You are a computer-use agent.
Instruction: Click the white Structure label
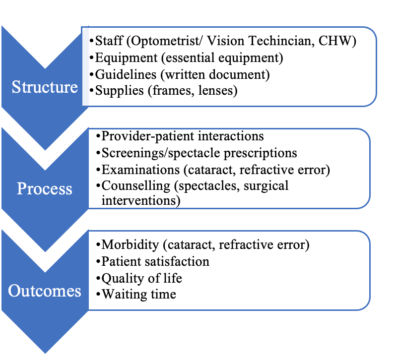tap(45, 87)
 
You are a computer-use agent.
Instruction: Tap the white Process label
tap(45, 189)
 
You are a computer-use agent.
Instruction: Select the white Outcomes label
tap(45, 291)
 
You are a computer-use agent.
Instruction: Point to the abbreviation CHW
tap(334, 41)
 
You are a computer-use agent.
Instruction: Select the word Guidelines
tap(126, 75)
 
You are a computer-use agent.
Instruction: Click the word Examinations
tap(140, 170)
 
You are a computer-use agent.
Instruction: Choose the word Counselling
tap(136, 186)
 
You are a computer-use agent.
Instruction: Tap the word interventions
tap(139, 201)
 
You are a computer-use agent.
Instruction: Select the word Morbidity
tap(130, 245)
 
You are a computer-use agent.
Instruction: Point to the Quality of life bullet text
tap(142, 278)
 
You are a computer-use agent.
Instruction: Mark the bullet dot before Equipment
tap(92, 58)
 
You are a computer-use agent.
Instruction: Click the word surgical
tap(266, 186)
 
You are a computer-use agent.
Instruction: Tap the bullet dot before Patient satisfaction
tap(98, 262)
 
